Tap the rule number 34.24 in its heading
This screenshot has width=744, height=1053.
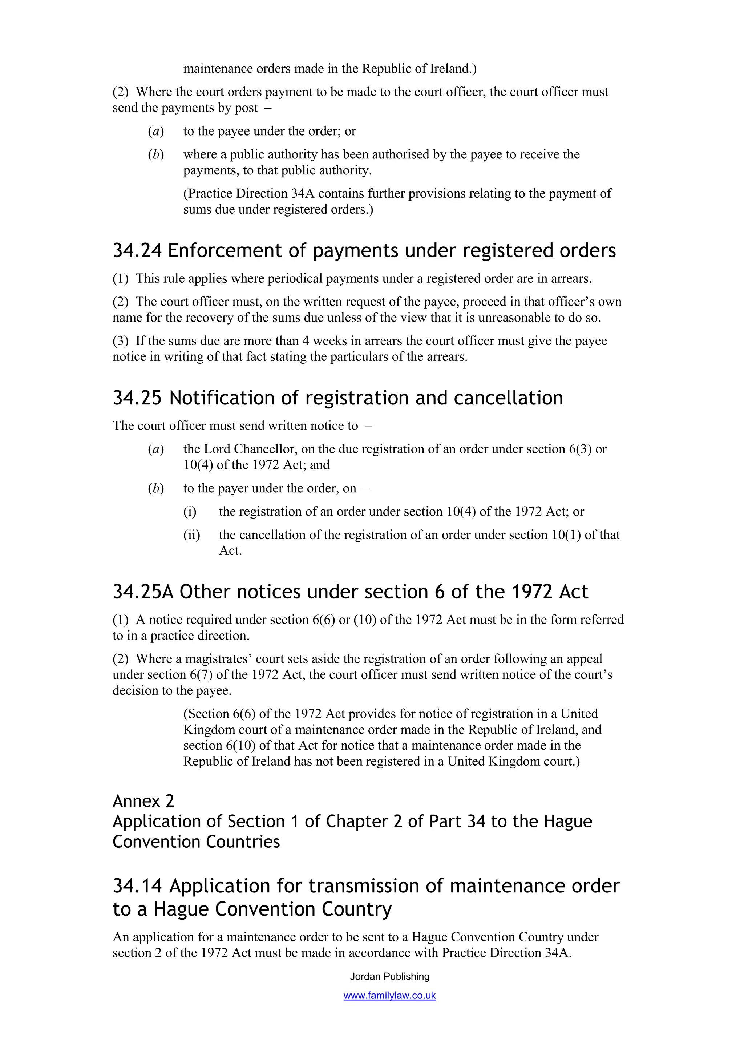tap(137, 250)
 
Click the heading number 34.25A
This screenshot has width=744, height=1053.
tap(143, 592)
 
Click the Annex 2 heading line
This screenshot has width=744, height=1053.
tap(143, 801)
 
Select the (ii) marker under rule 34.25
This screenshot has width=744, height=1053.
tap(191, 535)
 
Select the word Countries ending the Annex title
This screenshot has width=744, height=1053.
tap(243, 842)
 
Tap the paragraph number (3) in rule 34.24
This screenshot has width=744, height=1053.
tap(121, 341)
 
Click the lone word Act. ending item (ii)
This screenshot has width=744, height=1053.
tap(230, 550)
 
